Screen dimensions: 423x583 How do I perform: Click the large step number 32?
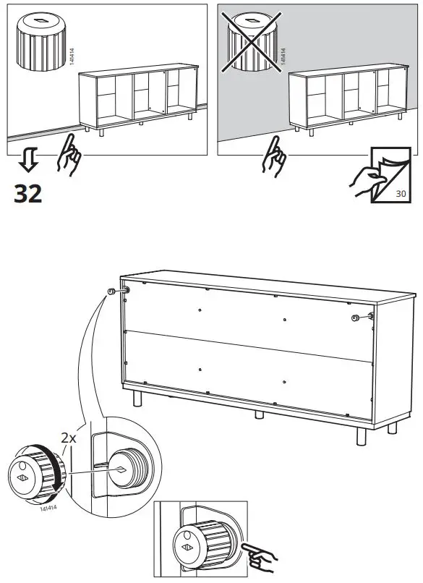coord(28,194)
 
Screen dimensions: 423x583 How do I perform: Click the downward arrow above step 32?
coord(28,159)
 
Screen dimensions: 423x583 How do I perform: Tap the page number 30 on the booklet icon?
coord(401,193)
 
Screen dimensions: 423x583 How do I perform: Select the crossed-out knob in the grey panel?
coord(252,42)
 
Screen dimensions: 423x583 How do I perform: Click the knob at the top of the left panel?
coord(41,42)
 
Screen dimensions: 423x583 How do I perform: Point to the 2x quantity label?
coord(69,438)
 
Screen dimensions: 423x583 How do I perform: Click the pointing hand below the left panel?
coord(69,155)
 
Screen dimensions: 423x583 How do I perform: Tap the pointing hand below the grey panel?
coord(273,156)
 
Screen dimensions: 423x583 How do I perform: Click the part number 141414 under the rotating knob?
coord(48,508)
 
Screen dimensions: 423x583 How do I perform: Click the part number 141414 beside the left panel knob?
coord(72,56)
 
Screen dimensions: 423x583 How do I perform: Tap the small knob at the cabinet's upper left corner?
coord(111,291)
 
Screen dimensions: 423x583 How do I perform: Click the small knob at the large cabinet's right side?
coord(355,318)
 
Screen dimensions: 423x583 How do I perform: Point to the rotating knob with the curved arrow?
coord(36,473)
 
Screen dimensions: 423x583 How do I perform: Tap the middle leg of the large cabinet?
coord(259,414)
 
